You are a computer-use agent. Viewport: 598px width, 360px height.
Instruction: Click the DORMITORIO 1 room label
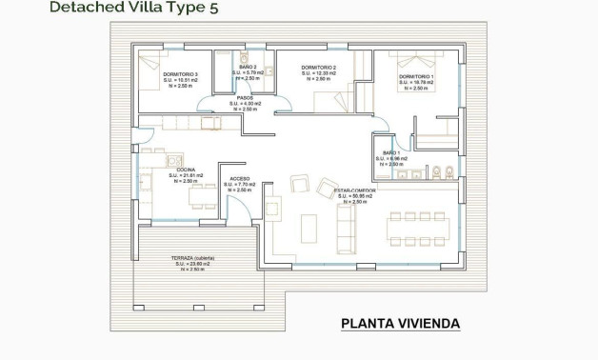pyautogui.click(x=416, y=76)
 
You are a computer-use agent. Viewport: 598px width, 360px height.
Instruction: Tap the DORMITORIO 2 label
pyautogui.click(x=319, y=68)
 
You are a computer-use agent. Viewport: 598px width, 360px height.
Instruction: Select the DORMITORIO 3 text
pyautogui.click(x=180, y=74)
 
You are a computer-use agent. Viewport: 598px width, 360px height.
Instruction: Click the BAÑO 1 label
pyautogui.click(x=390, y=152)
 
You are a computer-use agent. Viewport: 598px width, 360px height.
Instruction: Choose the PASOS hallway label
pyautogui.click(x=244, y=98)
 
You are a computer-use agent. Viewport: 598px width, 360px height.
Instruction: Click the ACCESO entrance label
pyautogui.click(x=240, y=178)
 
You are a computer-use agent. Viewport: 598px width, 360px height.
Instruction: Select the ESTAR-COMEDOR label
pyautogui.click(x=354, y=190)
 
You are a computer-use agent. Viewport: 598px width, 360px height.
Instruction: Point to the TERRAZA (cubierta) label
pyautogui.click(x=192, y=258)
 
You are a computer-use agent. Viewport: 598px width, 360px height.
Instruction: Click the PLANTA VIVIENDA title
pyautogui.click(x=400, y=324)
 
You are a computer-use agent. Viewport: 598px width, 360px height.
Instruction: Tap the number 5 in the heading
pyautogui.click(x=226, y=9)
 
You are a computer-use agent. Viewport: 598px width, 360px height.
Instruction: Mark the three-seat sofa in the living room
pyautogui.click(x=345, y=229)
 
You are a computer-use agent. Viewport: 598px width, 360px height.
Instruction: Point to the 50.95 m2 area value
pyautogui.click(x=354, y=196)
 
